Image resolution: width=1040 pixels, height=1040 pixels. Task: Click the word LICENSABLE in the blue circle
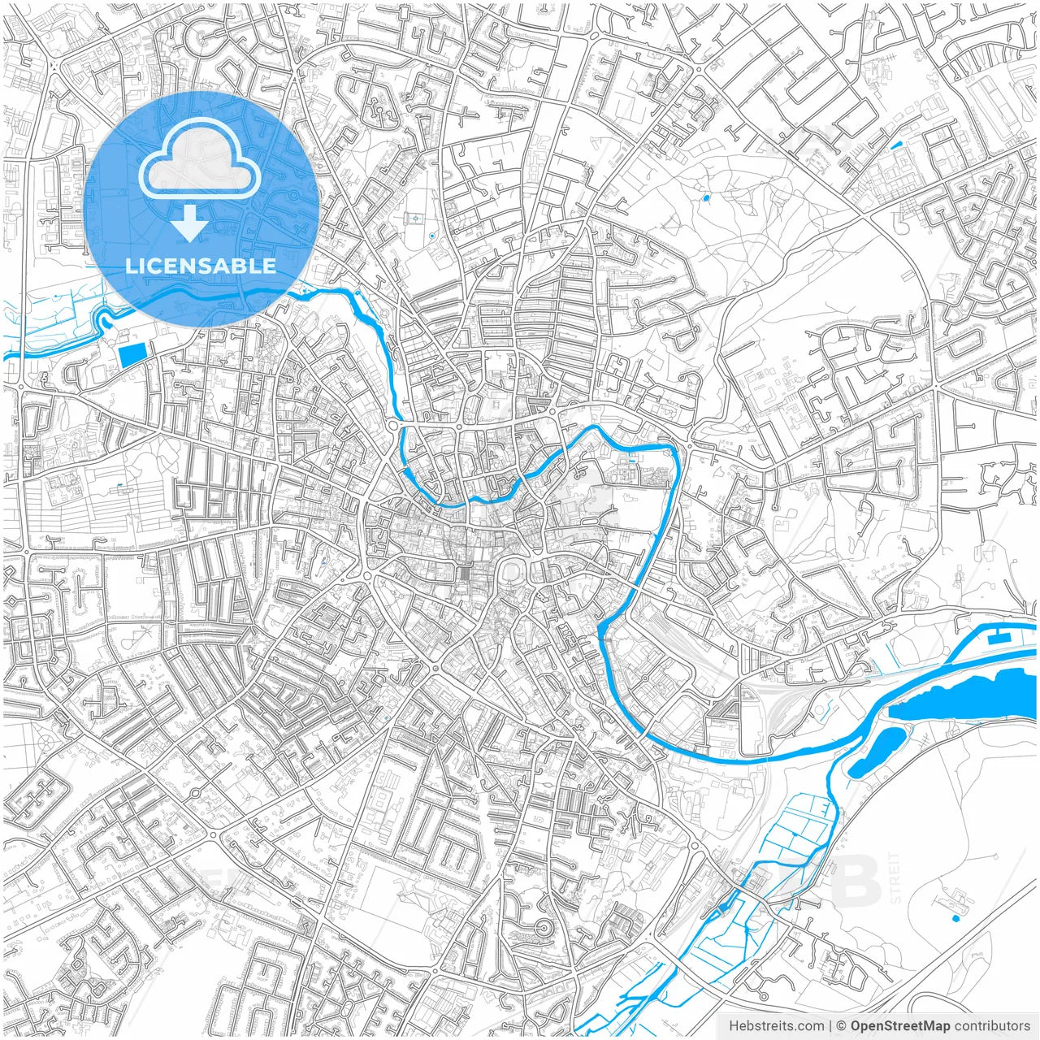tap(201, 266)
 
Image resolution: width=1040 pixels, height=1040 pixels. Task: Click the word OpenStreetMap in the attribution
tap(900, 1026)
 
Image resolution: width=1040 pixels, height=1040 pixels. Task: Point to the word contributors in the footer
tap(992, 1026)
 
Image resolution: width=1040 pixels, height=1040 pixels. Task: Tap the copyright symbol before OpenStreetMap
tap(842, 1026)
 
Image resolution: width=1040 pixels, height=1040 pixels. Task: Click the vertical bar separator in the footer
tap(830, 1026)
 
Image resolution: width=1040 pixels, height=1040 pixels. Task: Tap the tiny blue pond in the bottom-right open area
tap(955, 918)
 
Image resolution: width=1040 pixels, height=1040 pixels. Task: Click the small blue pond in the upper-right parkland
tap(705, 197)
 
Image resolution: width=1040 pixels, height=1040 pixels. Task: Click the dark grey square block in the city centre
tap(464, 574)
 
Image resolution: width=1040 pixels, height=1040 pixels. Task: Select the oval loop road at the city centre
tap(513, 574)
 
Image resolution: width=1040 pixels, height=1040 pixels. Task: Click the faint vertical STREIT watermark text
tap(895, 877)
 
